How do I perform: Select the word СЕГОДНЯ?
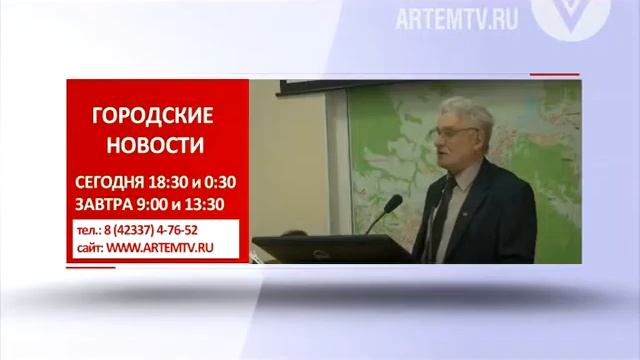[x=113, y=183]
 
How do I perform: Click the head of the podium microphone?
[x=393, y=203]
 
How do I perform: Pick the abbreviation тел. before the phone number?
[x=86, y=230]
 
